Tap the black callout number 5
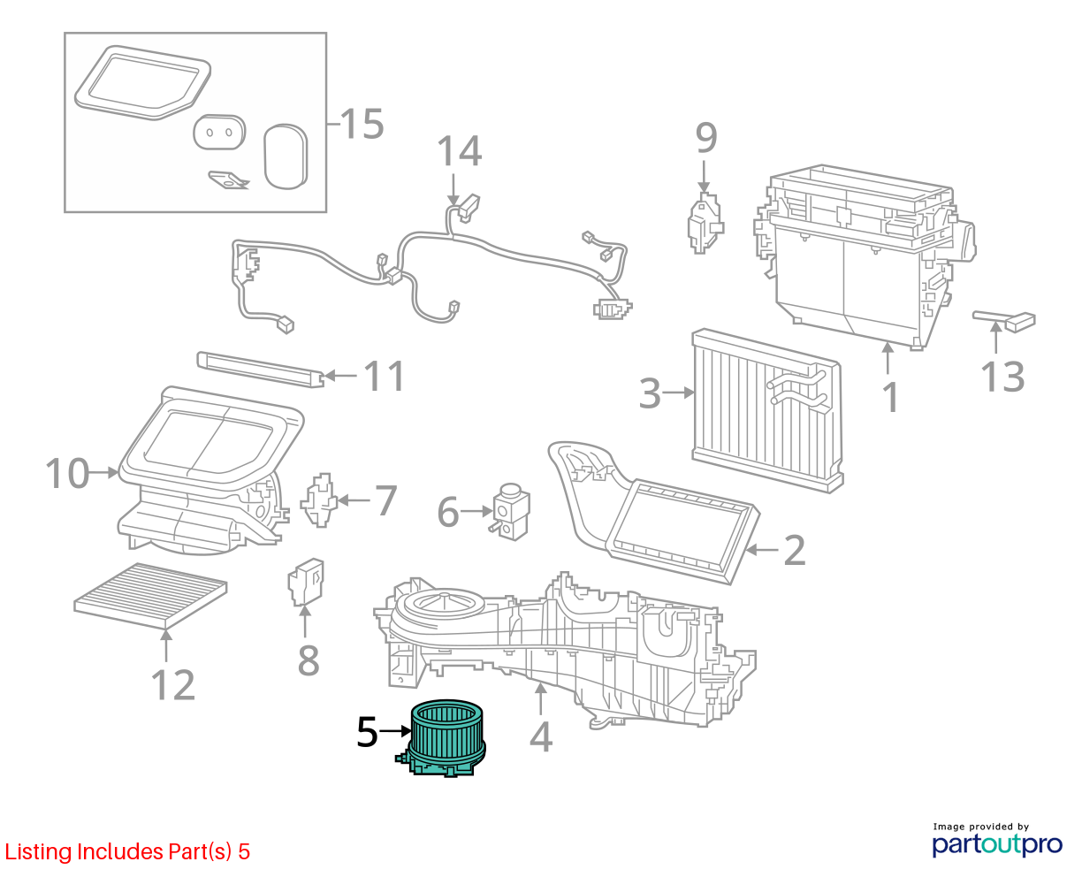(x=367, y=732)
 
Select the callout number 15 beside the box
(x=362, y=124)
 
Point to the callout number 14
(x=459, y=151)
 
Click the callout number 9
(x=706, y=138)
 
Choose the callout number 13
(x=1002, y=377)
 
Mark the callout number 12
(x=172, y=685)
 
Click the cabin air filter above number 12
(x=150, y=595)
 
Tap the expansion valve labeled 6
(x=511, y=511)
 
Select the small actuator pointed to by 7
(x=319, y=500)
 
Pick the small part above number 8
(x=306, y=583)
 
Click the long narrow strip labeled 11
(x=261, y=370)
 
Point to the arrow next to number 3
(x=678, y=393)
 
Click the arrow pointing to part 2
(x=762, y=549)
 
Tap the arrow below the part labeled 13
(x=996, y=338)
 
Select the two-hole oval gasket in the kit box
(x=219, y=132)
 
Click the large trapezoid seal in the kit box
(x=142, y=83)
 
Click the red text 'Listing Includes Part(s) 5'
(x=127, y=851)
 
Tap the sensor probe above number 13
(x=1004, y=321)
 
